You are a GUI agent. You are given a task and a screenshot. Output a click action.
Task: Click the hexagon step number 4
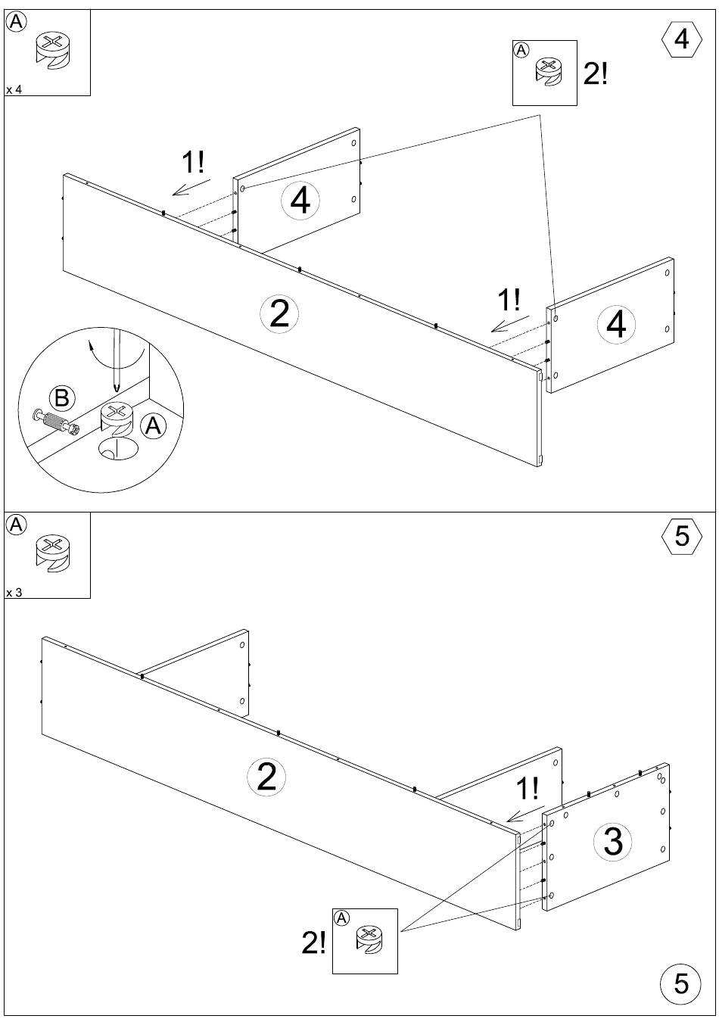[x=681, y=39]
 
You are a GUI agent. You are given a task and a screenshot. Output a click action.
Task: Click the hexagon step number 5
[x=681, y=536]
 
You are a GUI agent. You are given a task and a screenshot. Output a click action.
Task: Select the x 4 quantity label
[x=14, y=89]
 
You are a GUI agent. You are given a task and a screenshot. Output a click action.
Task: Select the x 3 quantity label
[x=14, y=592]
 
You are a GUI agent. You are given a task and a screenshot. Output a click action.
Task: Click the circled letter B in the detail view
[x=62, y=397]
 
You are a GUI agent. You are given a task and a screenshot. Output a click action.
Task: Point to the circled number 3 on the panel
[x=613, y=840]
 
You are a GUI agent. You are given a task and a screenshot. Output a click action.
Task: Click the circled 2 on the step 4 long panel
[x=279, y=314]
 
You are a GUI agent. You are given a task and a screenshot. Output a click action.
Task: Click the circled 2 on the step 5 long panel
[x=266, y=777]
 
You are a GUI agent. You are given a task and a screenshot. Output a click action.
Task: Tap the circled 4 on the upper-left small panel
[x=300, y=201]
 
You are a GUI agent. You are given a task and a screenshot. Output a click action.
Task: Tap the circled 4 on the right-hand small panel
[x=616, y=324]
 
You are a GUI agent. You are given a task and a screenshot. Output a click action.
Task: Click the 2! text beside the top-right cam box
[x=596, y=73]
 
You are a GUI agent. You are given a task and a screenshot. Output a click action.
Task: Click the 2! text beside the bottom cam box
[x=313, y=942]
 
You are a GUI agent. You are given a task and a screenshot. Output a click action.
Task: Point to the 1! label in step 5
[x=528, y=788]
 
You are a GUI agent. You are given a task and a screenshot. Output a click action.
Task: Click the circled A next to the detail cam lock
[x=153, y=426]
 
